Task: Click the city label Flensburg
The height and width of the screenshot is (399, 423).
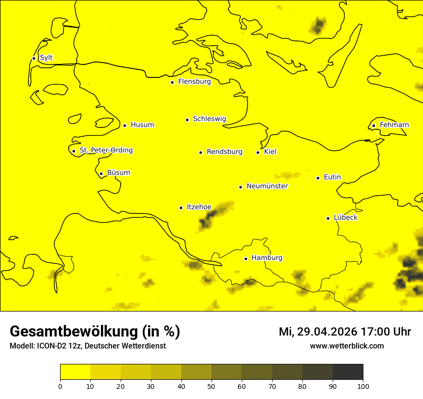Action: (194, 82)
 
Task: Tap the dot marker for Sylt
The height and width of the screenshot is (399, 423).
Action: (34, 58)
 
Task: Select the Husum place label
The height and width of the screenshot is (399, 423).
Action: (142, 125)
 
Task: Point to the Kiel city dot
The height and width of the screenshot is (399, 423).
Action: (258, 152)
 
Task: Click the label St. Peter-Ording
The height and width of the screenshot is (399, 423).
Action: (106, 150)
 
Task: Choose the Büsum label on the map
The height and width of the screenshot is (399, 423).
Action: (118, 173)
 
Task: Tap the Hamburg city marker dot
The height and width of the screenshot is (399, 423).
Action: (246, 259)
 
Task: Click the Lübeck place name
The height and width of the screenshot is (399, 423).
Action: (345, 218)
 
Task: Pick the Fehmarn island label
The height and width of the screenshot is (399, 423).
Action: (394, 125)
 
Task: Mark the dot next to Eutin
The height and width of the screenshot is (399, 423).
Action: (318, 178)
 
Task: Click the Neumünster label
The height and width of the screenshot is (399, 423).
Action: (267, 186)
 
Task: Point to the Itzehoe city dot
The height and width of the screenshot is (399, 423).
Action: (181, 208)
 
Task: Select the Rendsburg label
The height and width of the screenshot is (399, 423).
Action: (224, 152)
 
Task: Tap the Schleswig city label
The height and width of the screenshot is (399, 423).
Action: (209, 119)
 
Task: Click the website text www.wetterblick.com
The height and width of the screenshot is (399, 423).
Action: (347, 346)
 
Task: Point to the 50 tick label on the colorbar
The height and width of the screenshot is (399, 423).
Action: (211, 386)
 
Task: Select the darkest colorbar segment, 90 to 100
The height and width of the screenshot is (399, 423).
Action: (348, 372)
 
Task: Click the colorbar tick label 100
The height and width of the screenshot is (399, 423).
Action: (363, 386)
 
